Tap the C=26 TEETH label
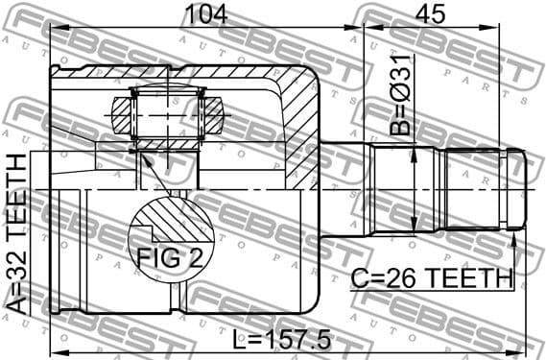431,278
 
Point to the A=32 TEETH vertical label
17,234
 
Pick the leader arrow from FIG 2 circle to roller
154,173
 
